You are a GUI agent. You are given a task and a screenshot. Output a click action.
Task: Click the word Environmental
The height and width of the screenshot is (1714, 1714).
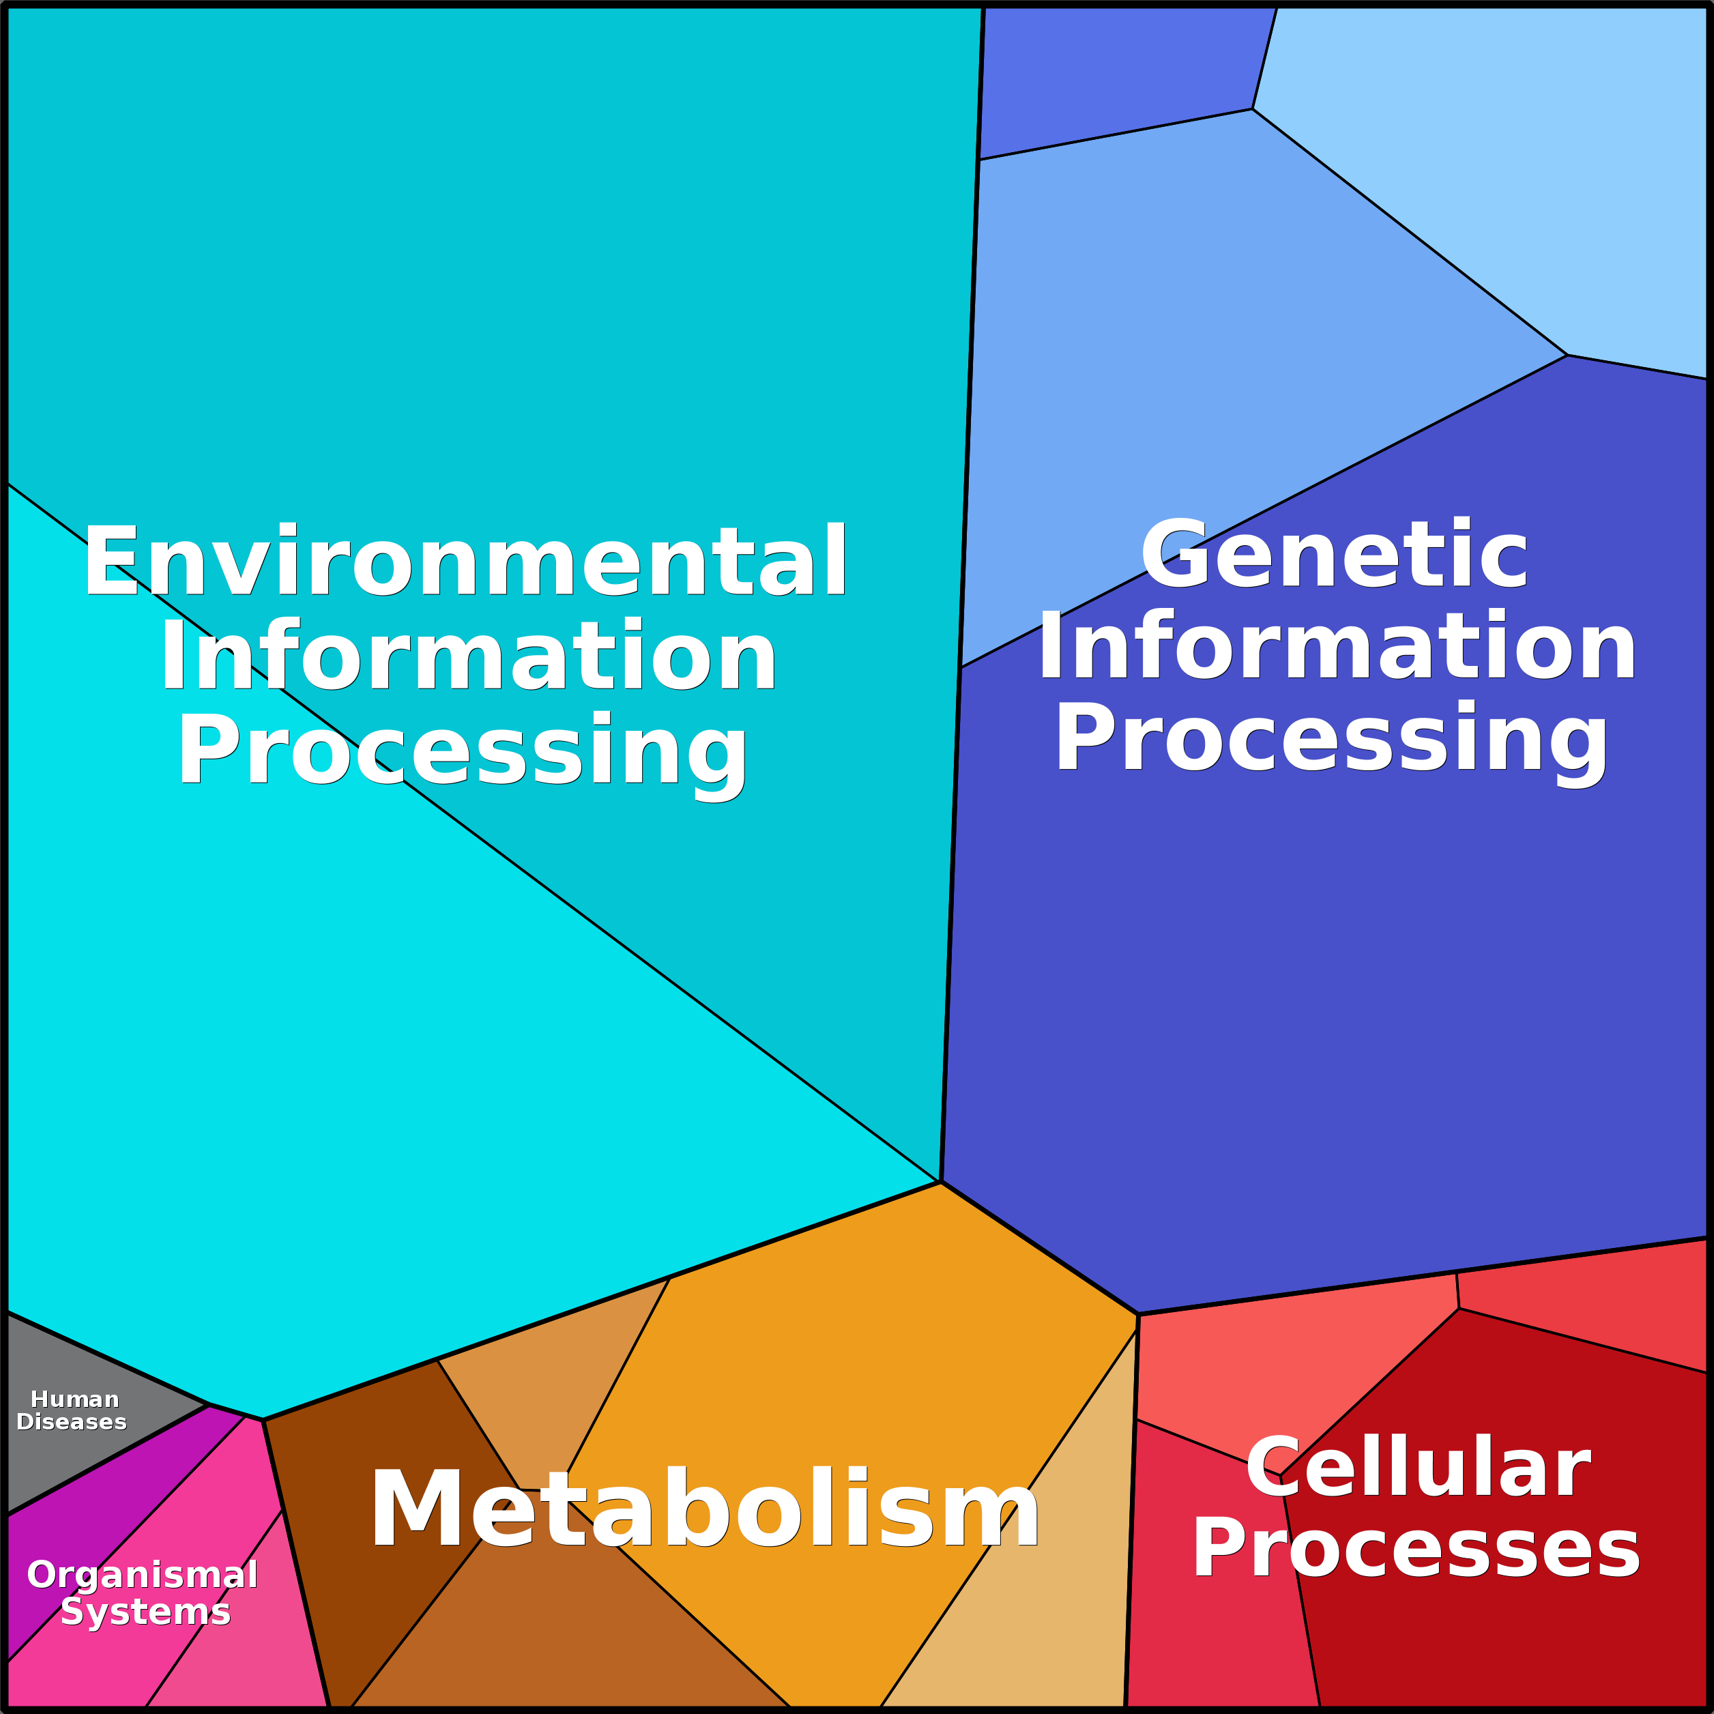tap(465, 561)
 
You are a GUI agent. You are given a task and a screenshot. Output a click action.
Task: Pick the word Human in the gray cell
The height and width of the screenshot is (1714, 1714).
tap(74, 1399)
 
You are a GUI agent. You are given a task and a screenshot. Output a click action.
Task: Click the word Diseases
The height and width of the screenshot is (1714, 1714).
tap(72, 1422)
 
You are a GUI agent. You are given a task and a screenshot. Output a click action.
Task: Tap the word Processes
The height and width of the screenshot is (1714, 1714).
tap(1416, 1549)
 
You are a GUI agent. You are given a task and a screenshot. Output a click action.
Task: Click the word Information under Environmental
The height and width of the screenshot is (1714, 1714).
tap(467, 656)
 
